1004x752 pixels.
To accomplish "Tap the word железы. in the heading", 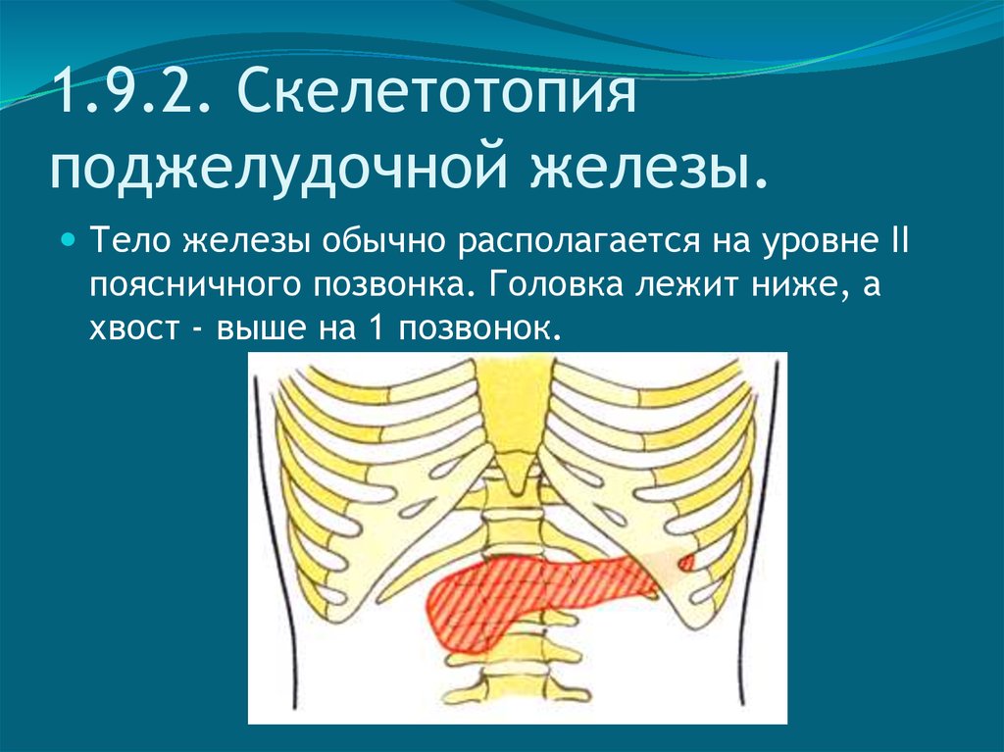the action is pos(648,166).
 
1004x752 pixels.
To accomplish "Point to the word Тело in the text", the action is pos(131,240).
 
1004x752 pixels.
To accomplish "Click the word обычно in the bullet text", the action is pos(383,241).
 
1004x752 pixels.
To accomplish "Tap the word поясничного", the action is pos(195,285).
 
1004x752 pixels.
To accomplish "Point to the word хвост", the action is pos(134,328).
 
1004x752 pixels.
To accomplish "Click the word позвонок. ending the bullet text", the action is pos(480,328).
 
